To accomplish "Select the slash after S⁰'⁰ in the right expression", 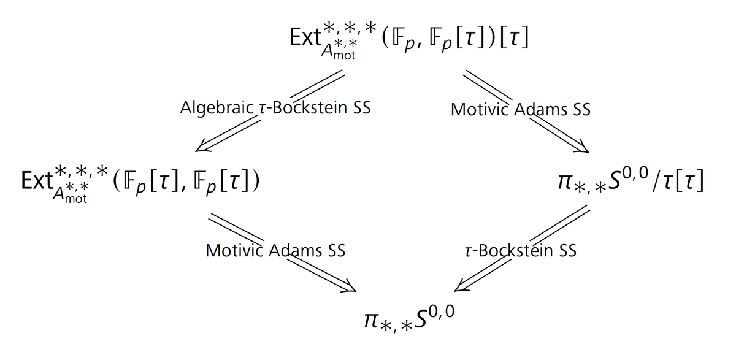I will (657, 182).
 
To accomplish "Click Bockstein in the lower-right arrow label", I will (513, 251).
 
